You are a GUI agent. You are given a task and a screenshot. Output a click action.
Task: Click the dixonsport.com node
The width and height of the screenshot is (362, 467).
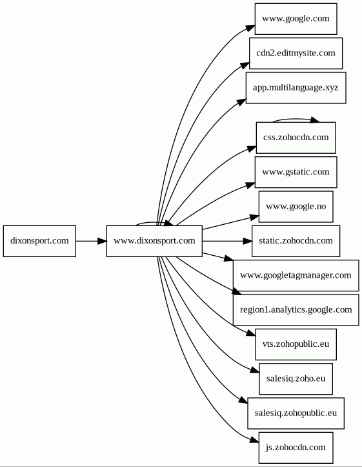coord(39,241)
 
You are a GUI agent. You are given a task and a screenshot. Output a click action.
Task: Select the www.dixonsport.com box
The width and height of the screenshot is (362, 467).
coord(154,241)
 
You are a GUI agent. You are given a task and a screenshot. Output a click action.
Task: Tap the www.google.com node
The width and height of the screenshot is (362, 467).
coord(296,19)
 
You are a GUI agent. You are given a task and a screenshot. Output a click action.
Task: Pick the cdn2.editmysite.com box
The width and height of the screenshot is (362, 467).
coord(296,54)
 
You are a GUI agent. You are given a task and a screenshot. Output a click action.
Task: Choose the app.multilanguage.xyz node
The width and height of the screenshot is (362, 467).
coord(296,88)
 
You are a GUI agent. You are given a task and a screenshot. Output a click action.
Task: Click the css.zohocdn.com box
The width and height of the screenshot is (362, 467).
coord(296,138)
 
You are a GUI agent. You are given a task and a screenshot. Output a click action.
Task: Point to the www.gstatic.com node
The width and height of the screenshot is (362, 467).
coord(296,172)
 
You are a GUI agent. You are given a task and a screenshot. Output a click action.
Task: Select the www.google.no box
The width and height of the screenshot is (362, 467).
coord(296,207)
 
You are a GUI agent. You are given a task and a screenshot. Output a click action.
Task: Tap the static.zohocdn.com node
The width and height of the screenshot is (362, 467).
coord(296,241)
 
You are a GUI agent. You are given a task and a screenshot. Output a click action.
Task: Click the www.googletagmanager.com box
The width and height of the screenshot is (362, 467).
coord(296,276)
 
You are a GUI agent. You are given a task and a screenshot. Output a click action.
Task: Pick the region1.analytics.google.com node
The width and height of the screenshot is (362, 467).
coord(296,310)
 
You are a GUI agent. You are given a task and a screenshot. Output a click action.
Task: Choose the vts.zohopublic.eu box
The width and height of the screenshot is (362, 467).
coord(296,344)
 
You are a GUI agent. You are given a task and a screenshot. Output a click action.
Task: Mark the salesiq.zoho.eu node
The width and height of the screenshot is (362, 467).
coord(296,379)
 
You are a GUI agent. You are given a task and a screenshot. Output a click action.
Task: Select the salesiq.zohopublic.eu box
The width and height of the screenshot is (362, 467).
coord(296,413)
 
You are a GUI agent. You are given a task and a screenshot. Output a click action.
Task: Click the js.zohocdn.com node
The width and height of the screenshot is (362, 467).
coord(296,448)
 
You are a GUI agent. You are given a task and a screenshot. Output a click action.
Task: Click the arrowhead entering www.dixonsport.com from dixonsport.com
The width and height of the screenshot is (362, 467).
coord(102,241)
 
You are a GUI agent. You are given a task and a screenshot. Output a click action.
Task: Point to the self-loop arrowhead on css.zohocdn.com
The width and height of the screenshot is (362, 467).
coord(315,120)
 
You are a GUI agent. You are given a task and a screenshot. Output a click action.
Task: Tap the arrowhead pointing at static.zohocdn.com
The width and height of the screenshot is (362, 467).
coord(248,241)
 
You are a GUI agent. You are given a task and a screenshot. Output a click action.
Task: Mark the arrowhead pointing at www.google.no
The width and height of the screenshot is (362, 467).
coord(254,218)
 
